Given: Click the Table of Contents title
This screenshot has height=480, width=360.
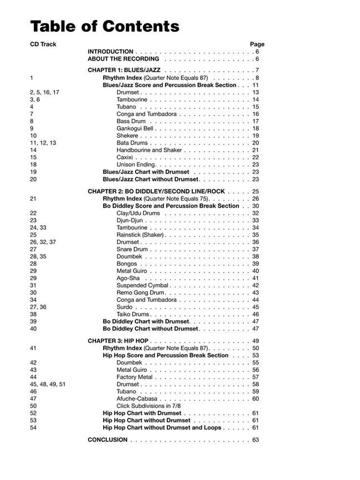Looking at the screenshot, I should (104, 26).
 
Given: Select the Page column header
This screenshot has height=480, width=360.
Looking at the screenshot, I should (257, 44).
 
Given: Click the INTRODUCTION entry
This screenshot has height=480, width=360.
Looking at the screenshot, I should (111, 52).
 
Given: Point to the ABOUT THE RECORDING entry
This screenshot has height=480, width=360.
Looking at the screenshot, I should (123, 59).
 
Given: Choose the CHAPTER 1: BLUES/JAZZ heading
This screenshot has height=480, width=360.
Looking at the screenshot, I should (124, 71).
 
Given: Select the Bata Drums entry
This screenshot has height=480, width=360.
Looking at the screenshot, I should (132, 143).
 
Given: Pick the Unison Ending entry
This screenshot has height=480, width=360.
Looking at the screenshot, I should (136, 164).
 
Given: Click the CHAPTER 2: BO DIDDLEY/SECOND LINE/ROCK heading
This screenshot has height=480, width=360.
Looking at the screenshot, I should (156, 192).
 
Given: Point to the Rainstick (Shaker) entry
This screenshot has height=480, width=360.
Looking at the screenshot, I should (140, 234).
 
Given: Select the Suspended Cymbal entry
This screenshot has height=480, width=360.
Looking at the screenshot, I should (142, 286).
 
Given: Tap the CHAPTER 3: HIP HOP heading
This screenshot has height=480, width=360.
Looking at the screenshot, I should (117, 341).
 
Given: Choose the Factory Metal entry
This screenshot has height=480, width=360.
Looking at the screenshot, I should (134, 377).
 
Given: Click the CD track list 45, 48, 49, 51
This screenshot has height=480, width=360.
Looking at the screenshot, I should (47, 384).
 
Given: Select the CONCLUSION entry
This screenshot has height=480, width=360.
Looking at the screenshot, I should (107, 440).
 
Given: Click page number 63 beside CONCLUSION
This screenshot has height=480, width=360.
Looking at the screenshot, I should (256, 440).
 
